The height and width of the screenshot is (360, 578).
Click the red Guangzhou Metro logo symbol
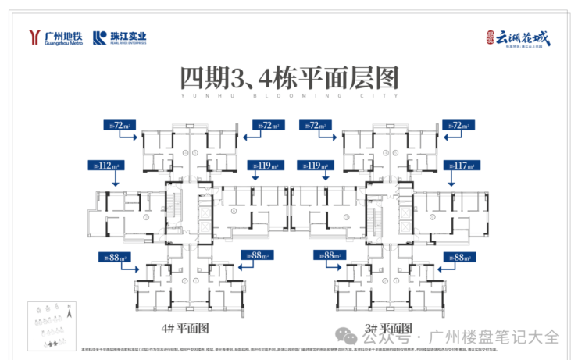[x=34, y=37]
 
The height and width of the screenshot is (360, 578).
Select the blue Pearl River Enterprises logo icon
[x=100, y=37]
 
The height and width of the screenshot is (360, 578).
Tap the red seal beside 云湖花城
[x=488, y=35]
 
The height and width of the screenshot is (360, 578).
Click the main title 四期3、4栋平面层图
[x=289, y=77]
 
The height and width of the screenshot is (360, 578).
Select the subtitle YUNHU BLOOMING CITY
[x=289, y=96]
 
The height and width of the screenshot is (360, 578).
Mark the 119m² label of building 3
[x=316, y=166]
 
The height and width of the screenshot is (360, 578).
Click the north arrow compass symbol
[x=70, y=311]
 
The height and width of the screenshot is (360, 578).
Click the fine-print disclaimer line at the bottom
[x=289, y=351]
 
